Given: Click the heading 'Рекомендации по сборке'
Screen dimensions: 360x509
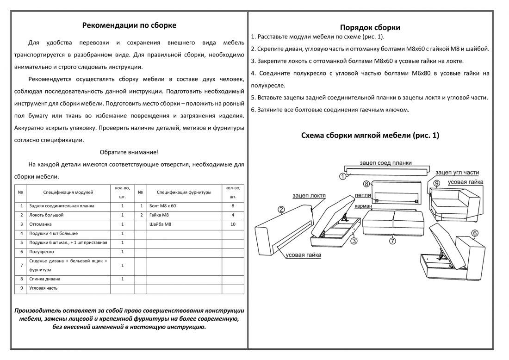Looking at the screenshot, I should point(129,25).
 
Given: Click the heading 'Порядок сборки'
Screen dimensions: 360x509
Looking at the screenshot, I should point(370,27).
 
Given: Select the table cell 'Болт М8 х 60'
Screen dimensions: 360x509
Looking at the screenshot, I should point(163,206).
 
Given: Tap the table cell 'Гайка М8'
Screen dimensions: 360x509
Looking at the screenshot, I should point(160,215).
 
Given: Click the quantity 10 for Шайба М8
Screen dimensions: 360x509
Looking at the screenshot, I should point(233,224).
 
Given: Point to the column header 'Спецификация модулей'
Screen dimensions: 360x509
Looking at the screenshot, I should point(68,192).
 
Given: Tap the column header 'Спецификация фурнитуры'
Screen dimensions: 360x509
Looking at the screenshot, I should point(184,192).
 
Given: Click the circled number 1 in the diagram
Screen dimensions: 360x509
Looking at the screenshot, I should point(342,176).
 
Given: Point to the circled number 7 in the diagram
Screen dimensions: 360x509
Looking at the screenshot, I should point(392,241).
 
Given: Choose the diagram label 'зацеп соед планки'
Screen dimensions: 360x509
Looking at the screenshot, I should point(385,163).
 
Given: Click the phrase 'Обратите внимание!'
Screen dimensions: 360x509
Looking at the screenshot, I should point(129,152).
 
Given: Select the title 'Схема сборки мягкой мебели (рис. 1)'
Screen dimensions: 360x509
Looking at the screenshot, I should point(370,136).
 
